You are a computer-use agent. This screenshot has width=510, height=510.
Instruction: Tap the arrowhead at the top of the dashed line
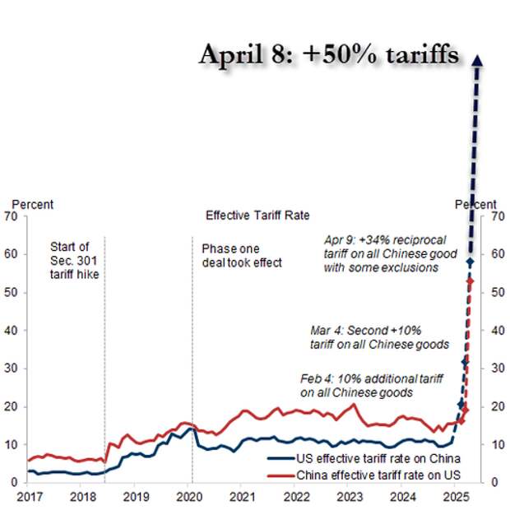click(478, 61)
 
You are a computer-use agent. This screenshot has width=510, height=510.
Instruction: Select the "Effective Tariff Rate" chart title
click(257, 216)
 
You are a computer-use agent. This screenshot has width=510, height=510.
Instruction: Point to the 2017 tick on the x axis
click(28, 497)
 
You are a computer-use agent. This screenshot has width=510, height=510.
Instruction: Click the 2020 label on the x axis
click(189, 497)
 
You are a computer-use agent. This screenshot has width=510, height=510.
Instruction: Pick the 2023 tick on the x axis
click(350, 497)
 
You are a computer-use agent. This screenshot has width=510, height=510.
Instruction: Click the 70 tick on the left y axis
click(12, 217)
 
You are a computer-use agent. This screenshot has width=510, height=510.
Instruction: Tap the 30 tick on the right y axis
click(498, 369)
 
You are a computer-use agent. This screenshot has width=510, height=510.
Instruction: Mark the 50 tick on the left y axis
click(12, 293)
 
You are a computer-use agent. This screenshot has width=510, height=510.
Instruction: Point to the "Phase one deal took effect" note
click(242, 254)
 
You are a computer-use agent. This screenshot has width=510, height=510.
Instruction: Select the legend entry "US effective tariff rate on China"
click(366, 458)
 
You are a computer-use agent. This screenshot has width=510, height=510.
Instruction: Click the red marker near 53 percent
click(470, 281)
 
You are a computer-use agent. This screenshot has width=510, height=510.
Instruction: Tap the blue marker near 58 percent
click(471, 262)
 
